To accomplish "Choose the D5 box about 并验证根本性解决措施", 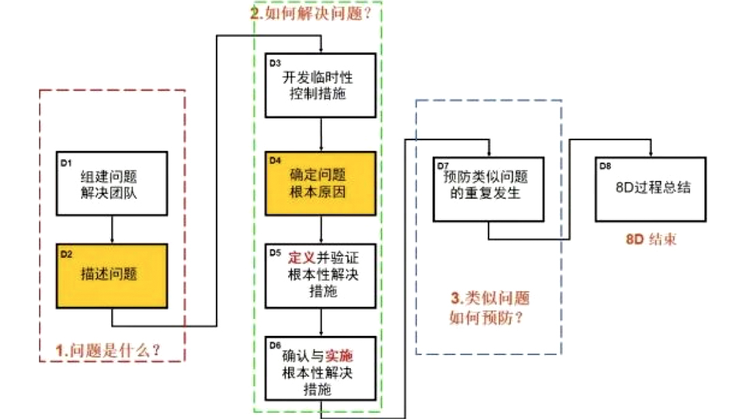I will click(320, 275).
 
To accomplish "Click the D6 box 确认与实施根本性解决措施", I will click(320, 367).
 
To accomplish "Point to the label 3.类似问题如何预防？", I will click(488, 307).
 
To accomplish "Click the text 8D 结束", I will click(651, 240).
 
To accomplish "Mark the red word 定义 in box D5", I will click(300, 258).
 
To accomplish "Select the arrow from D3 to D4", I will click(320, 135).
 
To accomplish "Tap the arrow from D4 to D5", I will click(320, 230).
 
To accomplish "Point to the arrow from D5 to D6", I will click(320, 321).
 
